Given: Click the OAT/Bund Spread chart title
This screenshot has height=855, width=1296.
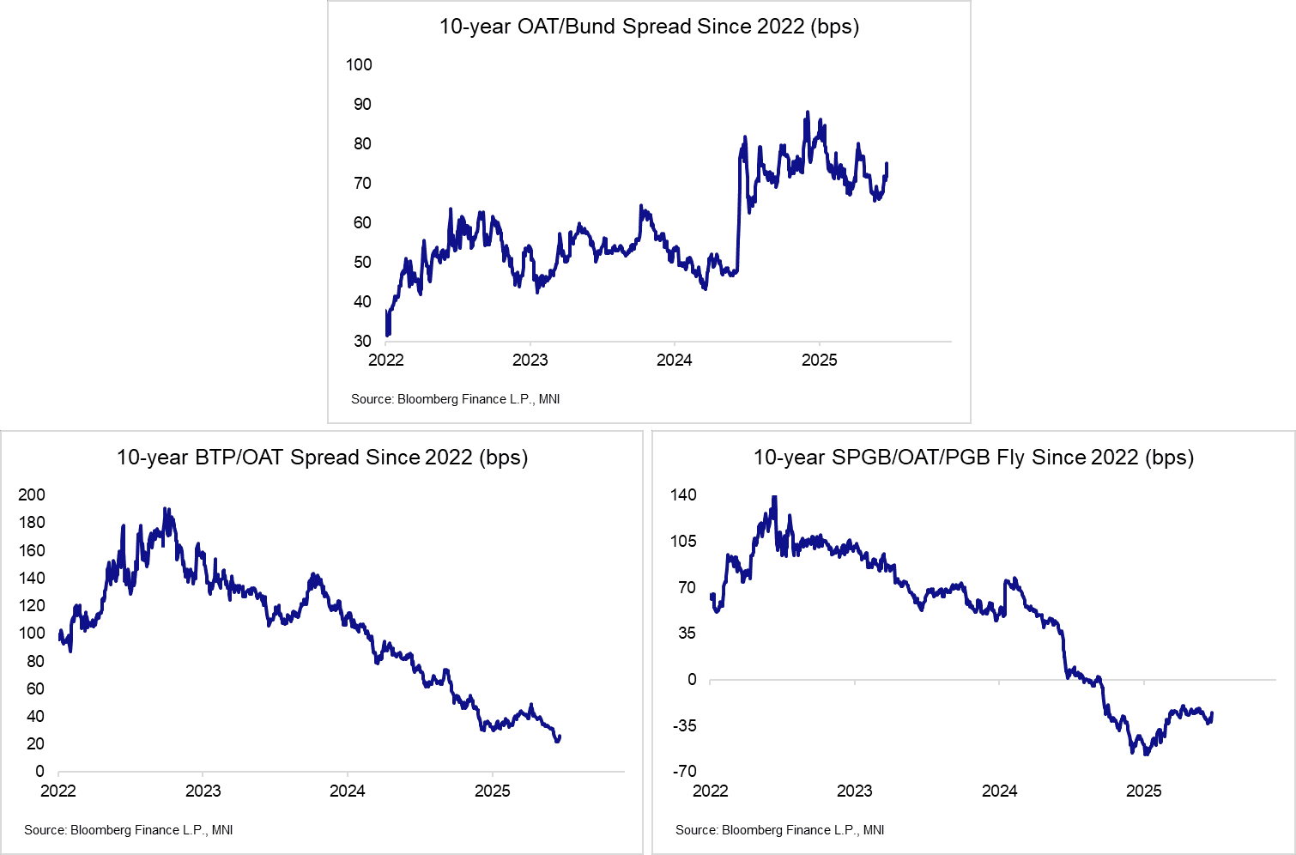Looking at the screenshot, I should tap(649, 27).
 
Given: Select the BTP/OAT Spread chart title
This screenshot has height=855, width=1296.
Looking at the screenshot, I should tap(322, 458).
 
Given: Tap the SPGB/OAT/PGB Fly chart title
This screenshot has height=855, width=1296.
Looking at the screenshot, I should tap(973, 458).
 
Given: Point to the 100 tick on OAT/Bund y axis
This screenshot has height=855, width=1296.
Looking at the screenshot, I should tap(359, 64).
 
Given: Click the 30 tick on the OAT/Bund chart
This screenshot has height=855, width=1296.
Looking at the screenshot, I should tap(362, 341).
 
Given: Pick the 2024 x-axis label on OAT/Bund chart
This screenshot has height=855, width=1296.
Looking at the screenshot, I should tap(674, 360).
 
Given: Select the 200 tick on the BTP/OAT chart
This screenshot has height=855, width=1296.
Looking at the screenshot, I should tap(32, 494).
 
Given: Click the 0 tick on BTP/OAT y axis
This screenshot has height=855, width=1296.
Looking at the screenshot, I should tap(39, 771).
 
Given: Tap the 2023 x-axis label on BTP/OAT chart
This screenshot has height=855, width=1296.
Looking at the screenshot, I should tap(203, 791).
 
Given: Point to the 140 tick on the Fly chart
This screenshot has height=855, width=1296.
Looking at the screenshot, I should tap(683, 494).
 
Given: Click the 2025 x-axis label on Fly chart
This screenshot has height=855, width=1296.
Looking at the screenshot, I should tap(1143, 791).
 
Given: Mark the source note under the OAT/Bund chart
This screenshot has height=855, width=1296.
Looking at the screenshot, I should tap(455, 399).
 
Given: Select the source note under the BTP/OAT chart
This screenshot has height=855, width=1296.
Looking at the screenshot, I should tap(129, 830).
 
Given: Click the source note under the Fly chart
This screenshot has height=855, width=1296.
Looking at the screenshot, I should tap(779, 830).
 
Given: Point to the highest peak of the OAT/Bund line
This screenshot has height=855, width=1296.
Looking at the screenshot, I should tap(807, 112).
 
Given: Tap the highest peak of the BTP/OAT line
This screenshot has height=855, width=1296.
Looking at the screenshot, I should tap(166, 509).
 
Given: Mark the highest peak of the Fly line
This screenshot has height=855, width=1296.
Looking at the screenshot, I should tap(774, 497).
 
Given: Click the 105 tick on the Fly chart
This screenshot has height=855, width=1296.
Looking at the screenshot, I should tap(683, 541).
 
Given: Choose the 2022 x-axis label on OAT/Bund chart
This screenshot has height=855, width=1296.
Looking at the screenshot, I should tap(385, 360).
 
